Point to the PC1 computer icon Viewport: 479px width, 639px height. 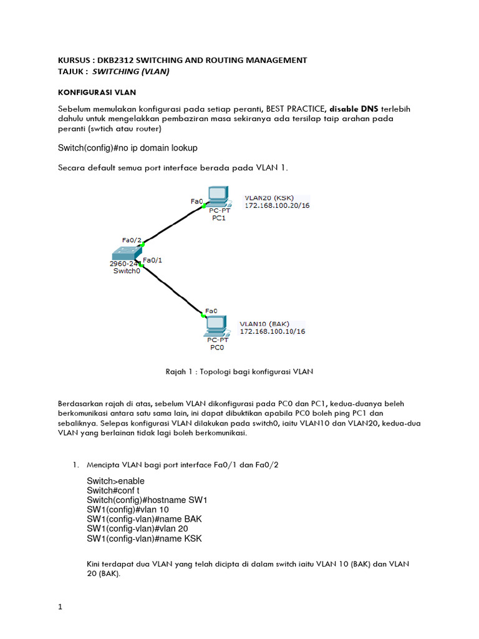218,198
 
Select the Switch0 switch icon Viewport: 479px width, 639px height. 125,253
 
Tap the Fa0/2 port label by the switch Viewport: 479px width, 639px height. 132,240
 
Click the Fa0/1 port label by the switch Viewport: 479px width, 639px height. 153,260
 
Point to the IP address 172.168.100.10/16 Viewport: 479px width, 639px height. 273,331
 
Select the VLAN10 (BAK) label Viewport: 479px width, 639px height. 264,324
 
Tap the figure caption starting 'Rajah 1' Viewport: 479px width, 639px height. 239,371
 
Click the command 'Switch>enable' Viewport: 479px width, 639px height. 115,481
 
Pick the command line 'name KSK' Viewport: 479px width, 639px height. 145,539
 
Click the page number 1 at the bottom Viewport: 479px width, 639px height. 60,607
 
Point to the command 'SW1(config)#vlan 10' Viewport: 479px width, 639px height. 128,510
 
